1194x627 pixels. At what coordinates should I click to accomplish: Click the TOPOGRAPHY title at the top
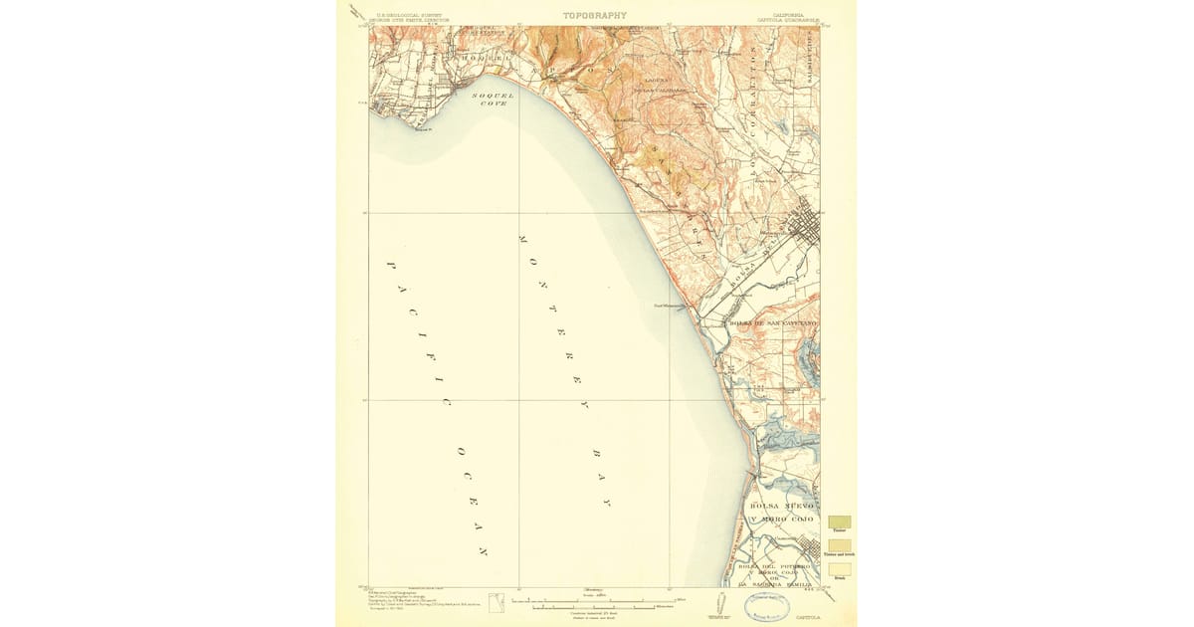[x=594, y=15]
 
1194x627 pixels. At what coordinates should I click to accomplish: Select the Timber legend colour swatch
[x=839, y=522]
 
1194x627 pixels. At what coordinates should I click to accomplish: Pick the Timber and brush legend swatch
[x=839, y=545]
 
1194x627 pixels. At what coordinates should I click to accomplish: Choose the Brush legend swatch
[x=839, y=569]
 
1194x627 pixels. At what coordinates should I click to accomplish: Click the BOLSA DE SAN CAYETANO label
[x=774, y=324]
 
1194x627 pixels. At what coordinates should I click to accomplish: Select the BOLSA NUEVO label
[x=783, y=507]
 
